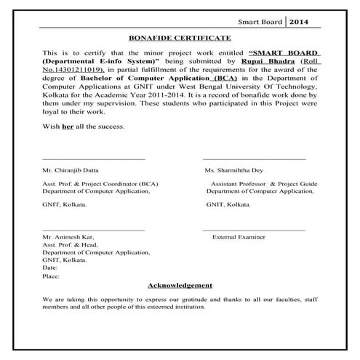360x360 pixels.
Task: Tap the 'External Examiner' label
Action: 238,237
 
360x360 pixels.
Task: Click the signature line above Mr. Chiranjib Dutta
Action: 94,159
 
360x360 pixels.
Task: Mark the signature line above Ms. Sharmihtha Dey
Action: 254,159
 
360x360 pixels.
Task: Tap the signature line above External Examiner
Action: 254,230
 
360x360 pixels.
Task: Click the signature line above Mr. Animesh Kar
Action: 94,230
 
